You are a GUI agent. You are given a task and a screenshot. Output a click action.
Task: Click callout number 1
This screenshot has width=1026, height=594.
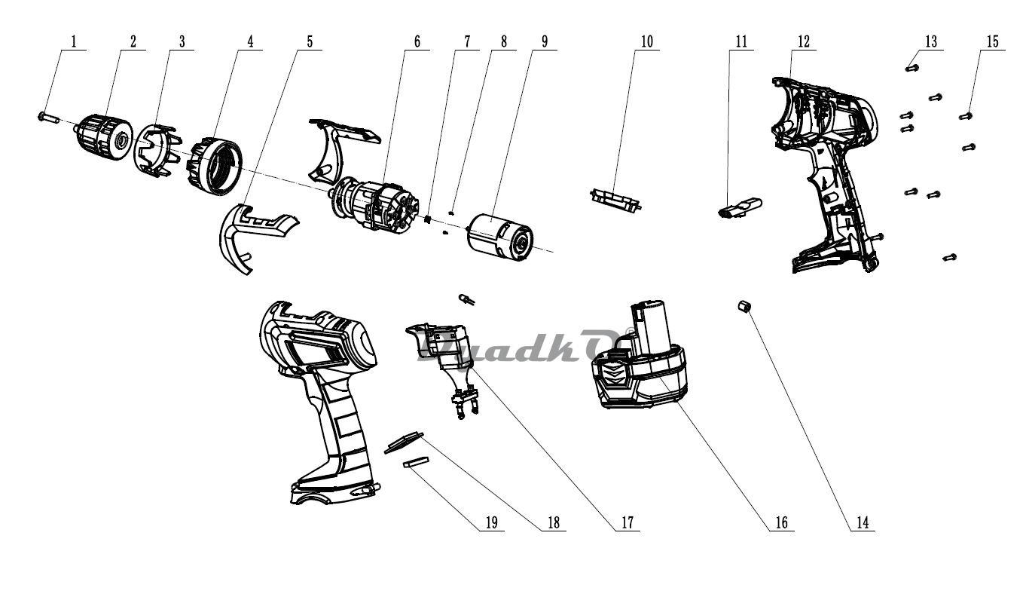74,41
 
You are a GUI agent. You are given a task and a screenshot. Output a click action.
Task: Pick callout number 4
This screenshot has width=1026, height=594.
250,41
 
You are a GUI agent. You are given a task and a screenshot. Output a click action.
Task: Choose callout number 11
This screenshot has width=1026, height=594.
741,41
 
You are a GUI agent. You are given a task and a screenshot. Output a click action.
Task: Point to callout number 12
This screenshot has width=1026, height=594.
803,41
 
